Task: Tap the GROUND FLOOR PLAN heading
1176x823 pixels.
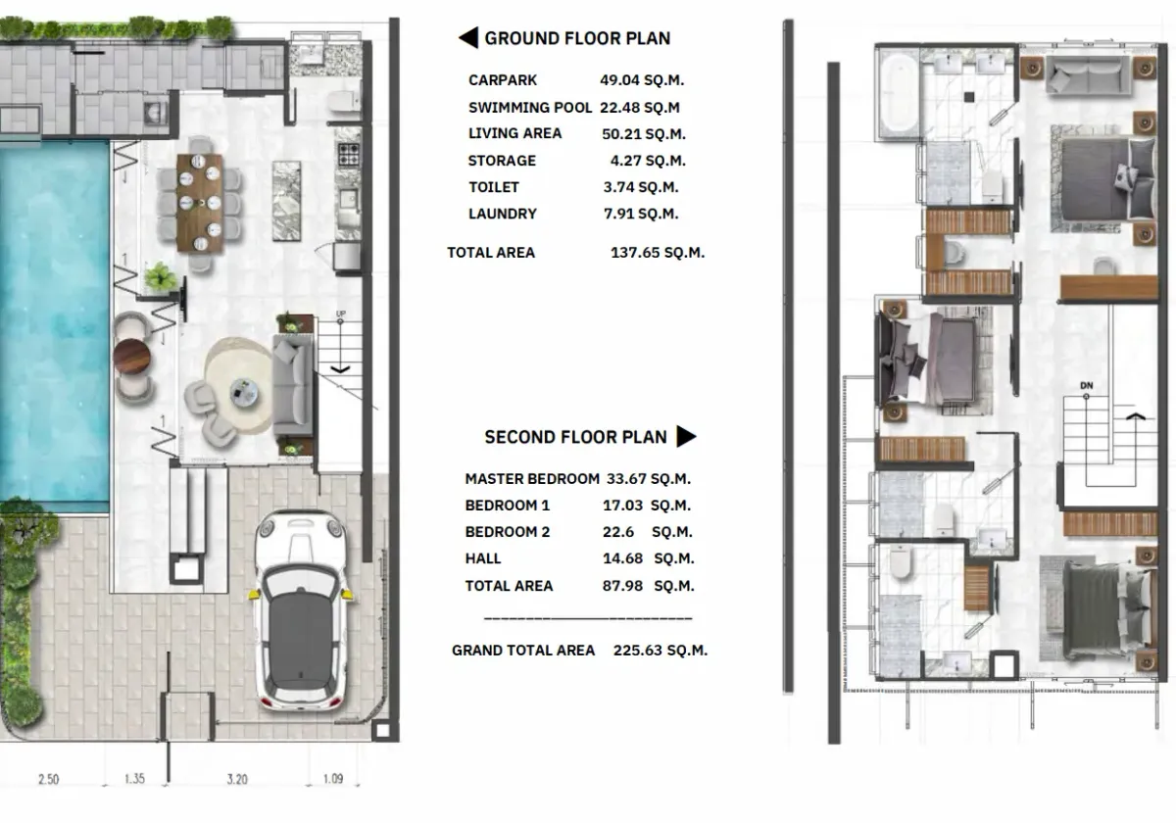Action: coord(577,39)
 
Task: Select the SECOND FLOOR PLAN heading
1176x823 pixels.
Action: coord(575,437)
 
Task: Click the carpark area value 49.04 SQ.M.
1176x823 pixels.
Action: coord(642,80)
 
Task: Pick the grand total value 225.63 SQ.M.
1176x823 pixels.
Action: coord(660,650)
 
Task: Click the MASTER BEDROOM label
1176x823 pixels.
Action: coord(531,479)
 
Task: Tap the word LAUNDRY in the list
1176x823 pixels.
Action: coord(502,214)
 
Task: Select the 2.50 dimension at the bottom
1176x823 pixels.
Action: coord(47,780)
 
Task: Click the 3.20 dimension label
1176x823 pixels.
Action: coord(237,780)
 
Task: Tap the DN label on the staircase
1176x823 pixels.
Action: coord(1085,385)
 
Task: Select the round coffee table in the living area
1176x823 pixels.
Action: coord(244,393)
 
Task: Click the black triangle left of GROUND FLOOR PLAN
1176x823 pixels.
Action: coord(467,39)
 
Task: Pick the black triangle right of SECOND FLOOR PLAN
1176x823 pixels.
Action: coord(686,437)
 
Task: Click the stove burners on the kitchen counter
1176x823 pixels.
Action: coord(348,154)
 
